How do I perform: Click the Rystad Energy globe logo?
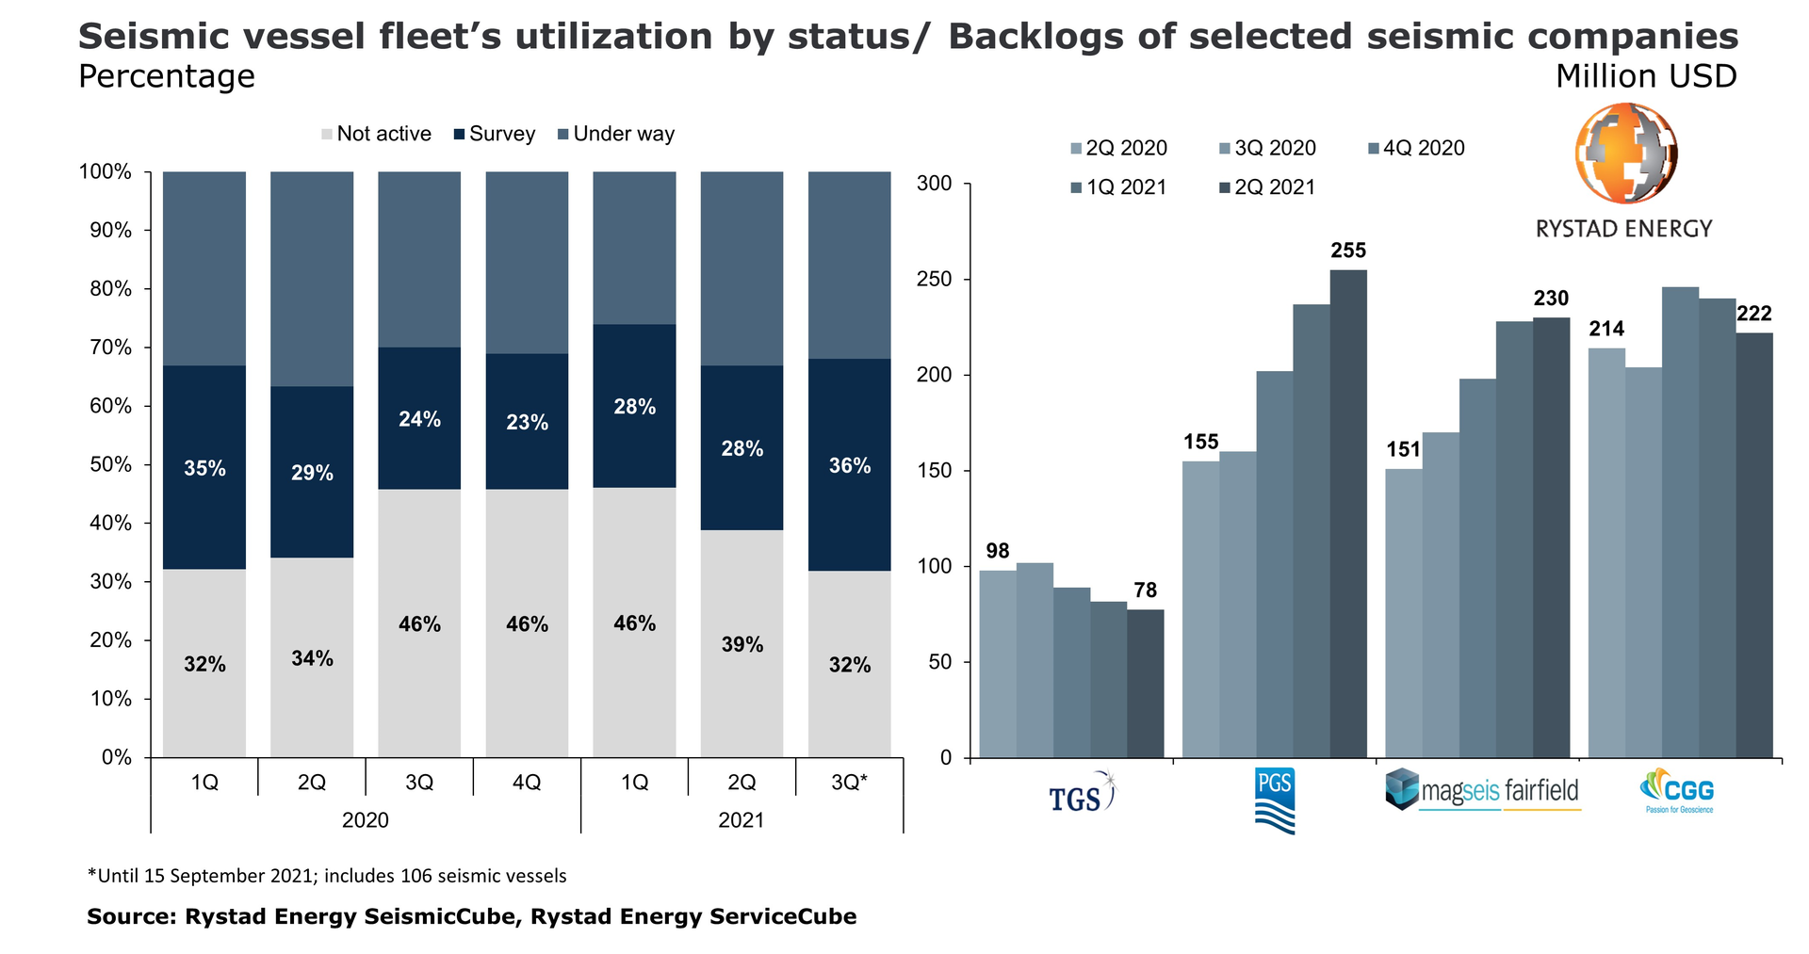tap(1625, 154)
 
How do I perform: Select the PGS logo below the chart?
tap(1275, 800)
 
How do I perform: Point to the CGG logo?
tap(1679, 792)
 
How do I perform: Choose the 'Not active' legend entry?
tap(377, 135)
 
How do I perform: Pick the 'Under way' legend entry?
tap(616, 135)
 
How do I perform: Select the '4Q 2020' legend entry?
tap(1417, 149)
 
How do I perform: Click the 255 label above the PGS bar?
tap(1348, 251)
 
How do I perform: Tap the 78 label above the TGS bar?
tap(1146, 590)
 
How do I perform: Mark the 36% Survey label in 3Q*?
tap(850, 466)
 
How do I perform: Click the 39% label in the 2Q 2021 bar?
tap(742, 645)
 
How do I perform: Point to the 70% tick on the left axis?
tap(111, 348)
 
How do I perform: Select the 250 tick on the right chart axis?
tap(935, 280)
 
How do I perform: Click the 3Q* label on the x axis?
tap(850, 783)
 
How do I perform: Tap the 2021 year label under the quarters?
tap(742, 820)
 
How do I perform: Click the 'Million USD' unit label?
tap(1646, 76)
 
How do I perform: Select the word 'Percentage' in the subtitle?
tap(167, 76)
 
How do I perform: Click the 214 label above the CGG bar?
tap(1606, 329)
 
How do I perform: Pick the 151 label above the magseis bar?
tap(1403, 450)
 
